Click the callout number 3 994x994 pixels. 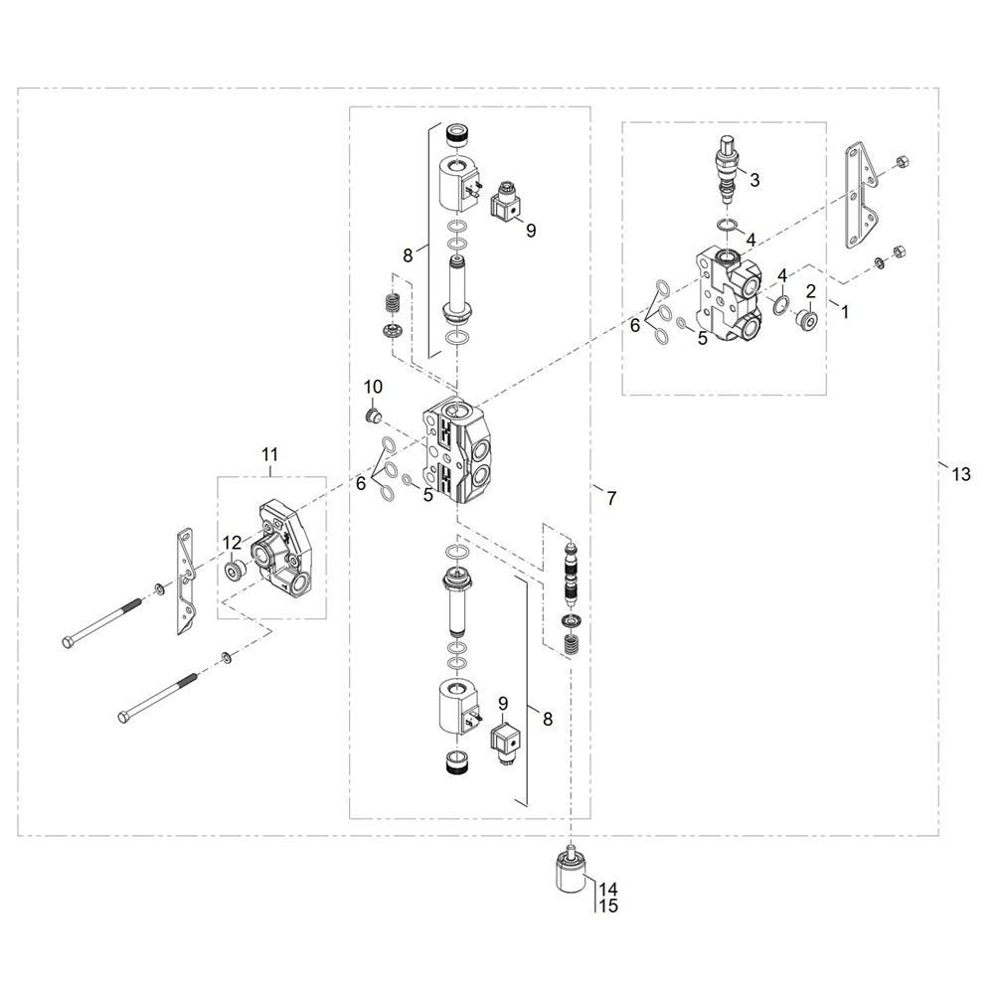coord(754,180)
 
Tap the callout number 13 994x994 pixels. coord(959,474)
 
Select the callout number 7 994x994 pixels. coord(610,498)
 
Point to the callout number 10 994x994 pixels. coord(373,386)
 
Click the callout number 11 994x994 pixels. coord(269,455)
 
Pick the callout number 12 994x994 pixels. coord(231,543)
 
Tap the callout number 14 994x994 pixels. coord(607,889)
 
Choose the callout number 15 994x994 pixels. coord(607,907)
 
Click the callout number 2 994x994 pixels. coord(810,290)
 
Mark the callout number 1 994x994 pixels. coord(845,311)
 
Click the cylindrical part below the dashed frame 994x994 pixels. coord(572,875)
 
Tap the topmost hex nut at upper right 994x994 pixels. coord(901,161)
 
